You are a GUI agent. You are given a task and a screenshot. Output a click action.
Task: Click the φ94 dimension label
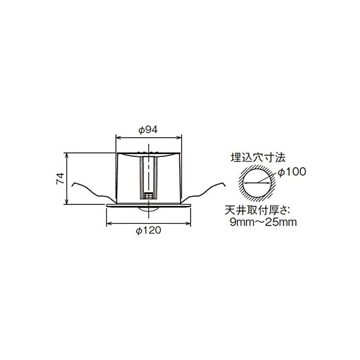[x=148, y=130]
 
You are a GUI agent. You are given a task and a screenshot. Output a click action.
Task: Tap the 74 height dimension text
[x=60, y=178]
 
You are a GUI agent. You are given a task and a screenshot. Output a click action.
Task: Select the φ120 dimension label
[x=148, y=230]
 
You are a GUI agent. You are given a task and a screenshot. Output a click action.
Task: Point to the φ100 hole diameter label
[x=292, y=172]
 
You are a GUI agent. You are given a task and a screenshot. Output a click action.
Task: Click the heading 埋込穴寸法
[x=258, y=157]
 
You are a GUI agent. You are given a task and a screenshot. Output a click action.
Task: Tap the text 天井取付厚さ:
[x=258, y=210]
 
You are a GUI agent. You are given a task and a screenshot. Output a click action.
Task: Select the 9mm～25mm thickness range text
[x=263, y=222]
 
